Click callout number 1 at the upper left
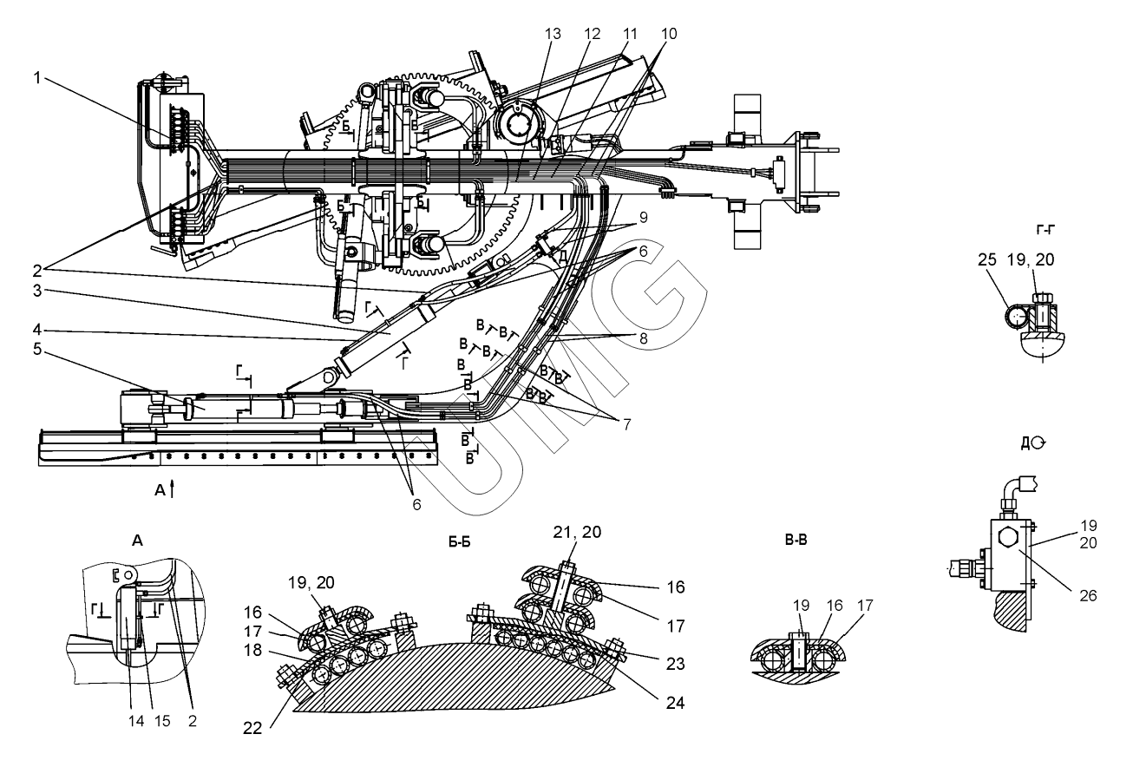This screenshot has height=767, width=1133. point(37,78)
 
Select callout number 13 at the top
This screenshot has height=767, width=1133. point(553,34)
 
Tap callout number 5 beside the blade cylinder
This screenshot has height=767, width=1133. point(37,349)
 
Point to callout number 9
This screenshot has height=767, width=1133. point(643,218)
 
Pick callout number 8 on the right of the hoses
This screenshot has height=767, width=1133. point(644,338)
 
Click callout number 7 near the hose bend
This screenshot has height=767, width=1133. point(627,424)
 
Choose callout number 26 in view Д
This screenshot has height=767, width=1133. point(1088,595)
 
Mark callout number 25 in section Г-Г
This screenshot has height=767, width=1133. point(987,259)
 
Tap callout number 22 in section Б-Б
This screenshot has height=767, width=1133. point(252,728)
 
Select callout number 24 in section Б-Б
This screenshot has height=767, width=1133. point(675,703)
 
